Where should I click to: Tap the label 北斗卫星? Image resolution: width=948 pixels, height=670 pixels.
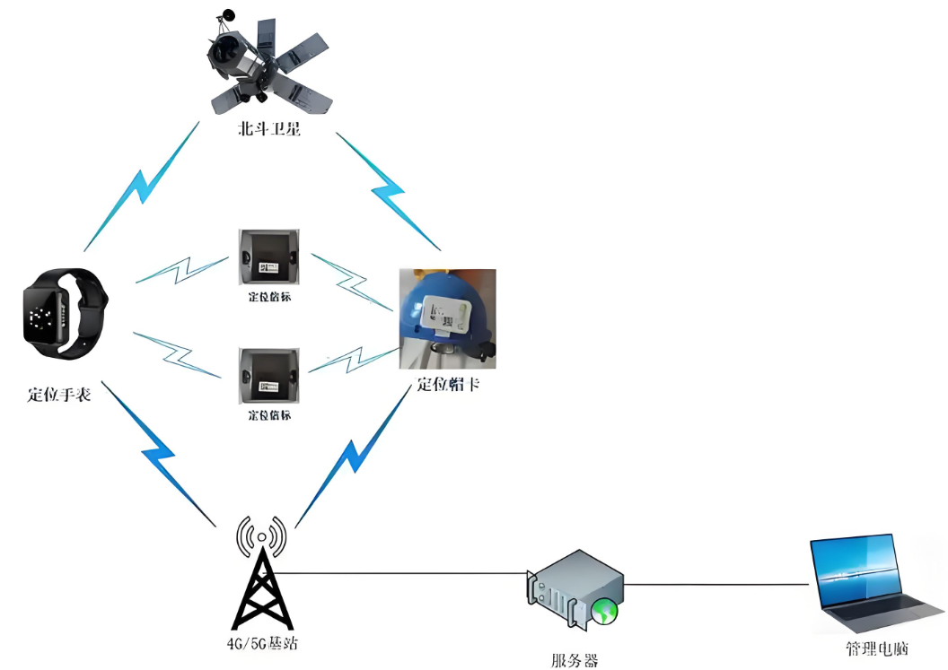point(262,130)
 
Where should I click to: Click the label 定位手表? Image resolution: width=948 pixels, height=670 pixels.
point(59,394)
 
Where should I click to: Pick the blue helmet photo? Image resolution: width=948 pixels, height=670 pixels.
point(448,319)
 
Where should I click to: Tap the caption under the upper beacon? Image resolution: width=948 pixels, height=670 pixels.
point(269,297)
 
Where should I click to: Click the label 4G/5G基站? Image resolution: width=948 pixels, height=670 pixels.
point(261,644)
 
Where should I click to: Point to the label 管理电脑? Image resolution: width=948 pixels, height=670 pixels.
point(876,648)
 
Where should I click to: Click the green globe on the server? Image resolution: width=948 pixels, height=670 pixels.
point(603,612)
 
